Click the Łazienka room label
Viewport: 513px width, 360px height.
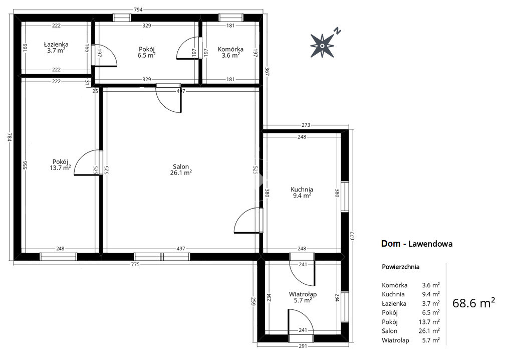[56, 44]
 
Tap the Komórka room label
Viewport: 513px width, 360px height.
[230, 49]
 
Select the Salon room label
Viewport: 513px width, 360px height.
[181, 167]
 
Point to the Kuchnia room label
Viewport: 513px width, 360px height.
[302, 190]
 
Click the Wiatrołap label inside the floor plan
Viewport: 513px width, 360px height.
[303, 294]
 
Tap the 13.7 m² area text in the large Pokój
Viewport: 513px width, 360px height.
[60, 168]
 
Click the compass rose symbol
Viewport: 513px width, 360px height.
[323, 46]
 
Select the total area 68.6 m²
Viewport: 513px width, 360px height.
[473, 303]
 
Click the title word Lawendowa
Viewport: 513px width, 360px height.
[430, 244]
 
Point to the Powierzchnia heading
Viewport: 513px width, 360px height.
[400, 267]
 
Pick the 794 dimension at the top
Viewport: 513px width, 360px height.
[138, 10]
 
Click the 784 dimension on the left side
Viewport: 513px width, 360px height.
[10, 137]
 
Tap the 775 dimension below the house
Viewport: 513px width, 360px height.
[135, 264]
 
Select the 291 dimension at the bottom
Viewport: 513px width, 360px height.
[303, 346]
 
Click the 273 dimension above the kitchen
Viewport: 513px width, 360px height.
[306, 125]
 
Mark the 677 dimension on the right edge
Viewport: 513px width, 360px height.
[352, 236]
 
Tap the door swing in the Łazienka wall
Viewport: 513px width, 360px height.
[104, 55]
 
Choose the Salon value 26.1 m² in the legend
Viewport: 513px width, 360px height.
[429, 331]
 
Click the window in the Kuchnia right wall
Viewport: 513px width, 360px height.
[345, 197]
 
